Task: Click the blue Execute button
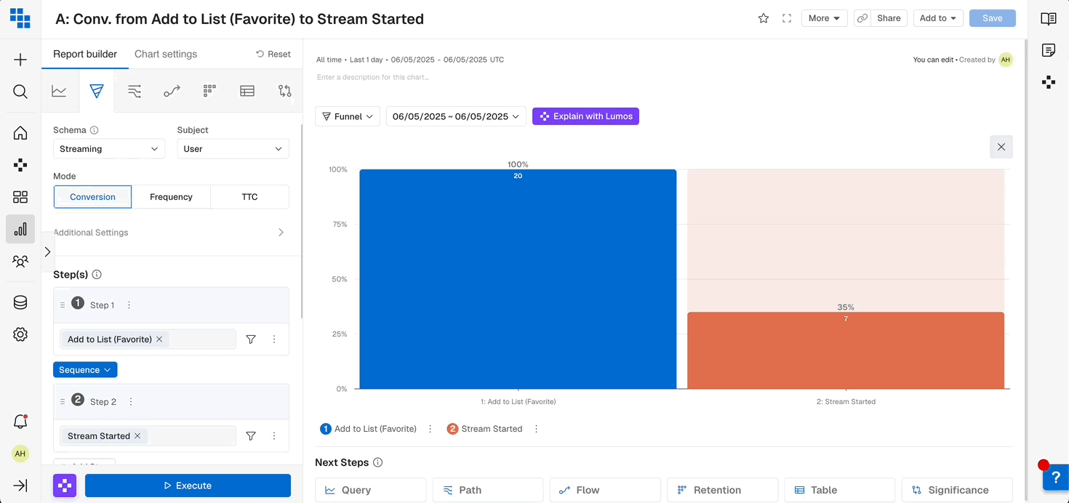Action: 188,486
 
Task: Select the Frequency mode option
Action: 171,197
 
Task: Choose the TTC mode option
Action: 249,197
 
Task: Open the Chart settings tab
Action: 166,54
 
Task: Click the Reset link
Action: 273,54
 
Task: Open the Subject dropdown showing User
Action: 233,149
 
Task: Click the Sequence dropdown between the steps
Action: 85,370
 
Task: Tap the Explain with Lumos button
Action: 585,116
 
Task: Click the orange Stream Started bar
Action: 845,353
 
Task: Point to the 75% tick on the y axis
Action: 340,225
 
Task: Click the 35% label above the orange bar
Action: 845,307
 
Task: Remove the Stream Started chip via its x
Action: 137,436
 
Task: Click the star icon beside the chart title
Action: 764,18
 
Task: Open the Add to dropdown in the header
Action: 937,18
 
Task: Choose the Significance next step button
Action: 956,490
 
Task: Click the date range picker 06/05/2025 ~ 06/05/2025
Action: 455,116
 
